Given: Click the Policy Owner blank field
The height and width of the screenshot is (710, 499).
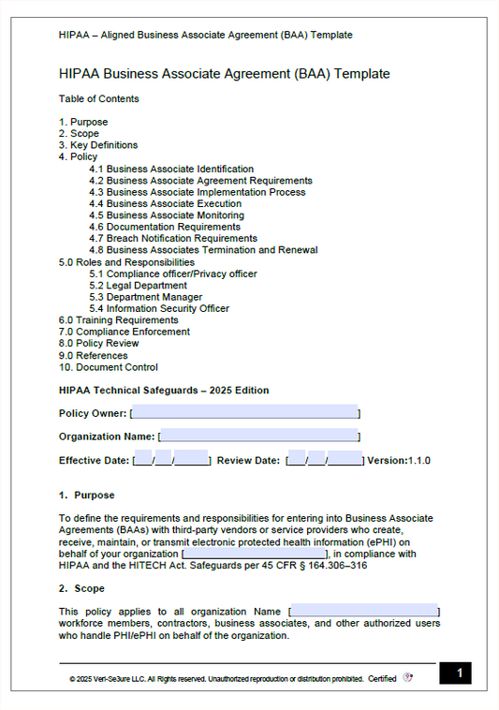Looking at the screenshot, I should [x=245, y=412].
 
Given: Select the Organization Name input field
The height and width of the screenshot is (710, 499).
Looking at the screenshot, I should [x=259, y=436].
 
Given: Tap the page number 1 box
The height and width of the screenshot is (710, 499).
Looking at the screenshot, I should [x=455, y=673].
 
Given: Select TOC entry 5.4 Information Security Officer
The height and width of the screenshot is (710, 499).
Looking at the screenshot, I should [x=159, y=309].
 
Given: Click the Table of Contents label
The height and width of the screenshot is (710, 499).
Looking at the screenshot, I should [x=98, y=98].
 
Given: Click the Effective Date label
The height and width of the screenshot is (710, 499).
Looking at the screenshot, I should [x=94, y=461].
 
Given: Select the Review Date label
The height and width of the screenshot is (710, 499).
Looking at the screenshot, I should [x=248, y=461].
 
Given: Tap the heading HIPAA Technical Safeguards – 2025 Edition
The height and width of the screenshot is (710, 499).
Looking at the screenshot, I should [x=164, y=391].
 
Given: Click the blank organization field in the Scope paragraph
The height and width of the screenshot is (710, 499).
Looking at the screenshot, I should [x=365, y=612].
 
